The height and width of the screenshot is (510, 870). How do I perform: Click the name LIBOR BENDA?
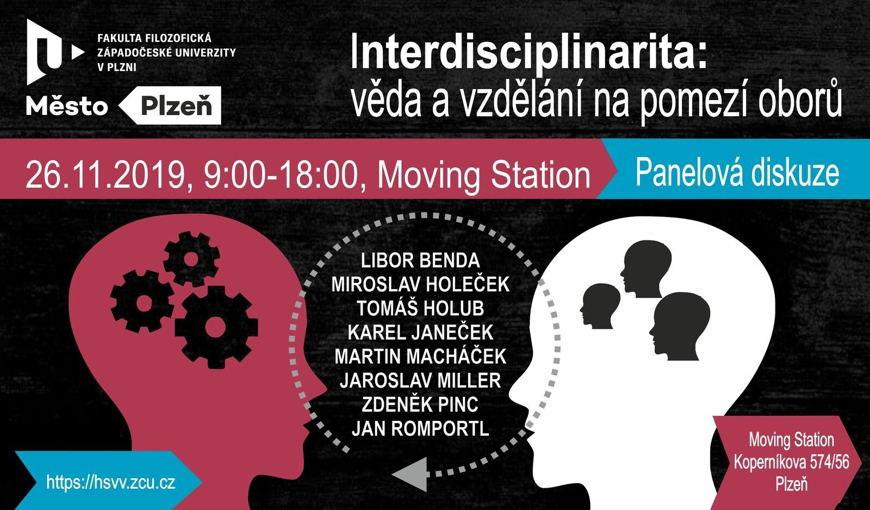420,260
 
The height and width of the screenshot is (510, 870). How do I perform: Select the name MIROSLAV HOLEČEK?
420,284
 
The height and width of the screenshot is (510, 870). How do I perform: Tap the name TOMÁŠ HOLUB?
420,308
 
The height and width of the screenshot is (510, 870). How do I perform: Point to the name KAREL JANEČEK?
420,333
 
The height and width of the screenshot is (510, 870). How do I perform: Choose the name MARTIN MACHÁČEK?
420,356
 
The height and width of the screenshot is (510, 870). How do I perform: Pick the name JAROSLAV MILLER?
420,381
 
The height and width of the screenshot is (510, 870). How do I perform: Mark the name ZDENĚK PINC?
420,405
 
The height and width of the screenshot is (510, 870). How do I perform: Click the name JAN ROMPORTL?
420,429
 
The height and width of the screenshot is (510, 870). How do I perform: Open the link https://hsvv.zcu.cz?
111,482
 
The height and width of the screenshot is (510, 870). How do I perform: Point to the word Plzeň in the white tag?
176,105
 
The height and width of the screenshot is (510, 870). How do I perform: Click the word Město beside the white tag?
67,106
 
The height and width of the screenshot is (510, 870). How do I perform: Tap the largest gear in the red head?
216,327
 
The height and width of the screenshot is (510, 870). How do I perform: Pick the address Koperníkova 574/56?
792,462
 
